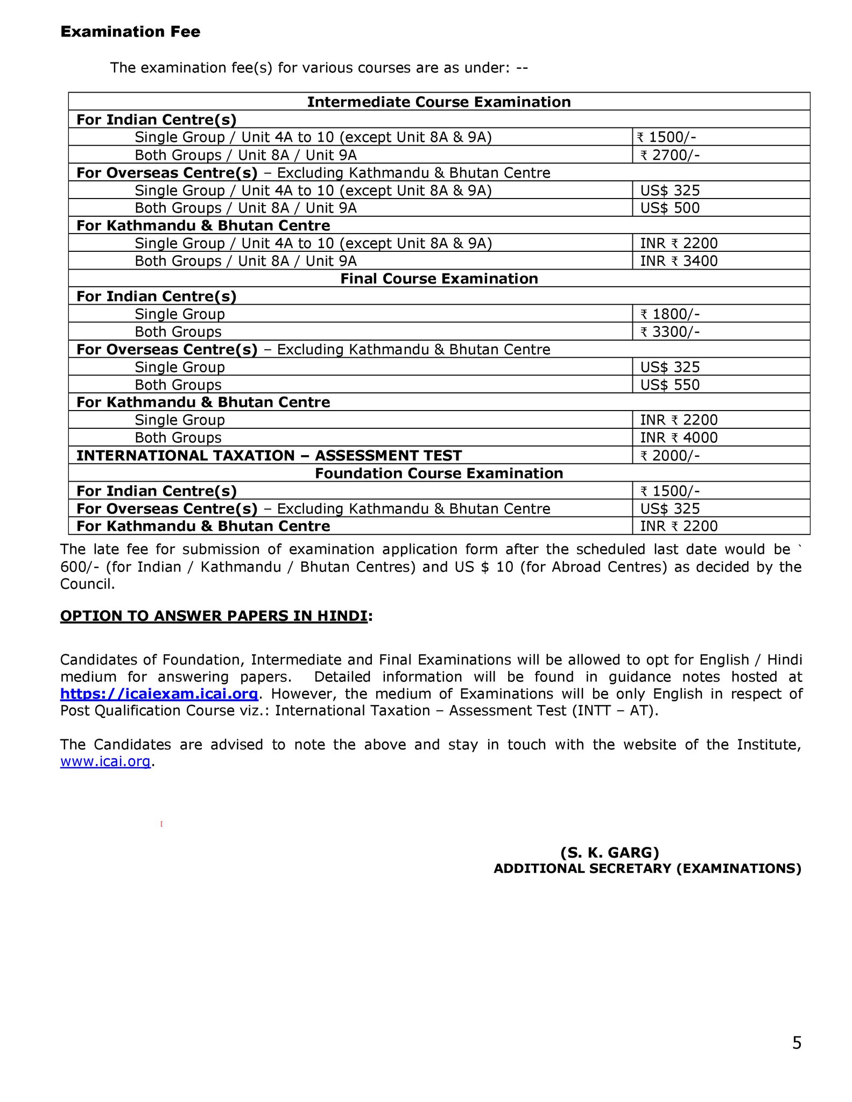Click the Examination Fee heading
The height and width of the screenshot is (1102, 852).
(x=130, y=32)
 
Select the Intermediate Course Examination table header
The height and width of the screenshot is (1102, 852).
(x=439, y=102)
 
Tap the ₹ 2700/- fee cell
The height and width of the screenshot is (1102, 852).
(x=670, y=155)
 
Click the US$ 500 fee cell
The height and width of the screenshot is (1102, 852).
(x=670, y=208)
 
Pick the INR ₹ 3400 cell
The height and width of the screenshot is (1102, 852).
(x=679, y=261)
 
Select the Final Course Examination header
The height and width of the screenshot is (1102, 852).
(x=439, y=278)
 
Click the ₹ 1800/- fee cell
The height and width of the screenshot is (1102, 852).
(x=670, y=314)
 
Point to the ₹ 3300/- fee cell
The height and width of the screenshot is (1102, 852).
(x=670, y=331)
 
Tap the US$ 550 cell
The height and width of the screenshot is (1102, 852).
(x=670, y=385)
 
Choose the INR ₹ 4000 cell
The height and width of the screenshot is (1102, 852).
(x=679, y=437)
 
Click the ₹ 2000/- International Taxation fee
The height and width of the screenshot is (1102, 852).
(x=670, y=456)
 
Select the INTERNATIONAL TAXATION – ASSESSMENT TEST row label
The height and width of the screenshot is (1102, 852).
(x=269, y=456)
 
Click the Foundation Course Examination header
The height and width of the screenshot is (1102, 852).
(x=439, y=473)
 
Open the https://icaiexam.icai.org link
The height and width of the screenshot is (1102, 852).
(x=159, y=694)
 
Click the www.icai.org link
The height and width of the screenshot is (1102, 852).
(x=105, y=761)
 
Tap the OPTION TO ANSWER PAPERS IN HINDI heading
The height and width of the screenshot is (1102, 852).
(x=214, y=616)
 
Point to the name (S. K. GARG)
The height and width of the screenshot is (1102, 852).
(x=610, y=852)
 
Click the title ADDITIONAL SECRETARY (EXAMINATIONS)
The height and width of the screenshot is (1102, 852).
(x=647, y=868)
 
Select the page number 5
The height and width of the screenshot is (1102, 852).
(x=797, y=1043)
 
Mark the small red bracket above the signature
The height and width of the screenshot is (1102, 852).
(x=161, y=824)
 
